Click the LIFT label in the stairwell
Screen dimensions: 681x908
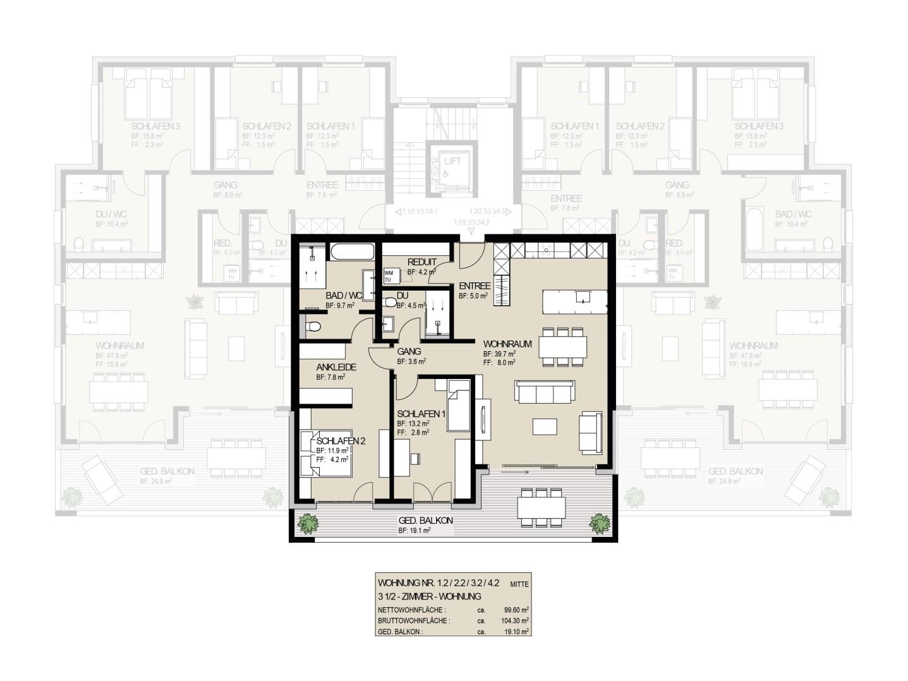point(453,161)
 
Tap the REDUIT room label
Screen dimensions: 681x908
point(422,262)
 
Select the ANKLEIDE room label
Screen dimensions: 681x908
point(336,367)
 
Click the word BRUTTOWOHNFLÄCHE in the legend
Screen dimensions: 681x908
point(414,621)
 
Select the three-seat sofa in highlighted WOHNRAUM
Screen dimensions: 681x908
point(545,392)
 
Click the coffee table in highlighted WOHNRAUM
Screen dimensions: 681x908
point(545,427)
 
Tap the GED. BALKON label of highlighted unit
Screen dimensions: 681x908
point(426,521)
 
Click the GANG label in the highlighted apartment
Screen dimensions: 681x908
point(409,351)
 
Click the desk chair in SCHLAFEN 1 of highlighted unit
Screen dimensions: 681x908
point(415,458)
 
